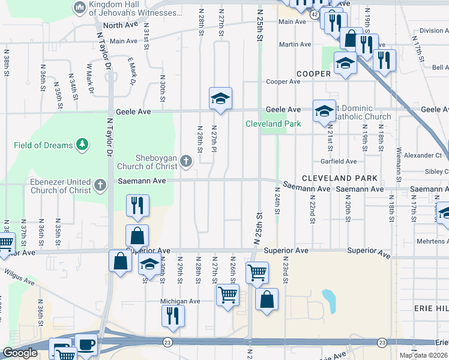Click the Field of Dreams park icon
(x=82, y=145)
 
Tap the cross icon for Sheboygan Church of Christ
(x=186, y=161)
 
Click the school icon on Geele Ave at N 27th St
(x=220, y=98)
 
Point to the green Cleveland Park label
(x=273, y=124)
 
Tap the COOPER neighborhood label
(x=314, y=74)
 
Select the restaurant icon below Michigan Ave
(x=173, y=315)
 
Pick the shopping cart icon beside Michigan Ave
(x=228, y=295)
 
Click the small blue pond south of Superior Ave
(x=329, y=297)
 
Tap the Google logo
(x=20, y=353)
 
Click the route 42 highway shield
(x=315, y=13)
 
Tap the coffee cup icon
(x=85, y=344)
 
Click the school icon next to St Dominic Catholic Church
(x=324, y=110)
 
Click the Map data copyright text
(x=423, y=355)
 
